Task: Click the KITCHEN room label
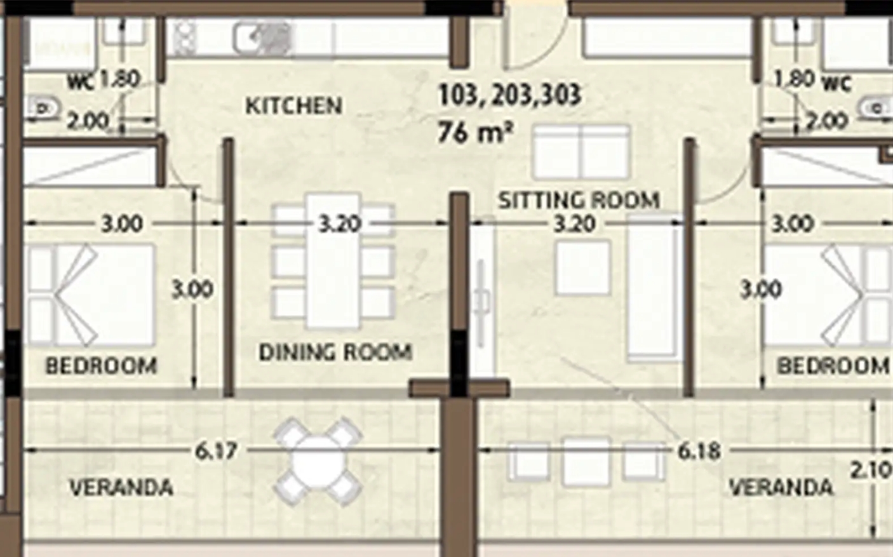(294, 106)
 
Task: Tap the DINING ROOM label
(335, 352)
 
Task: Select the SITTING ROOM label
(579, 201)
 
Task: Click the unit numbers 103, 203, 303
(510, 95)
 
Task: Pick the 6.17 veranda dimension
(216, 451)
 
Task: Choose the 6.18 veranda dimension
(699, 451)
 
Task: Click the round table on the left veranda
(318, 462)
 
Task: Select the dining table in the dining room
(333, 261)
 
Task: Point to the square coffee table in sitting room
(582, 267)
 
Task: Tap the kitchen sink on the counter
(262, 39)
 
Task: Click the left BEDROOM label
(101, 366)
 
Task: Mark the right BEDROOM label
(833, 366)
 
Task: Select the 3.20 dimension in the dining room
(340, 224)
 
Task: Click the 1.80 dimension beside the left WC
(119, 79)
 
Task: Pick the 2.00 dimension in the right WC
(826, 121)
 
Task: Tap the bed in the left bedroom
(90, 295)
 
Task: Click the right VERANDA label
(781, 487)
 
